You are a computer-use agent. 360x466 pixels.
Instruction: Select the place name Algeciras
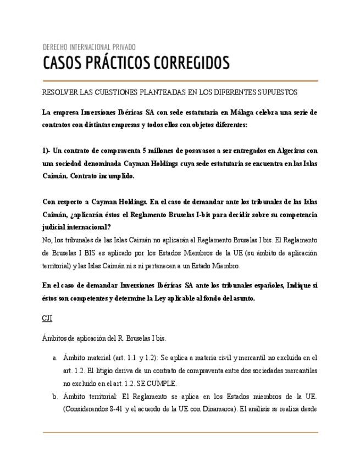point(288,151)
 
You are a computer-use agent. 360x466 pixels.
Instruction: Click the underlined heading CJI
point(47,318)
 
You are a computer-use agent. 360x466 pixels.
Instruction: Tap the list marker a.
point(54,358)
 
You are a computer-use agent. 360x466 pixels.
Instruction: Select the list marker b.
point(54,396)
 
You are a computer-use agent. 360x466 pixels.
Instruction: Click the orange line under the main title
point(180,81)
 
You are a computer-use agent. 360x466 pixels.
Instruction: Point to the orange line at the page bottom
point(180,432)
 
